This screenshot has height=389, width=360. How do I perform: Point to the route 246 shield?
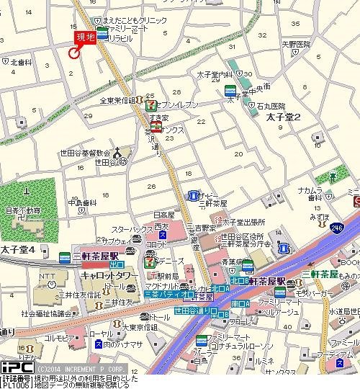338,227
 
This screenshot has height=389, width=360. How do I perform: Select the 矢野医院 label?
296,45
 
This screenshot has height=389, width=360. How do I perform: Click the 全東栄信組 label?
118,101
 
